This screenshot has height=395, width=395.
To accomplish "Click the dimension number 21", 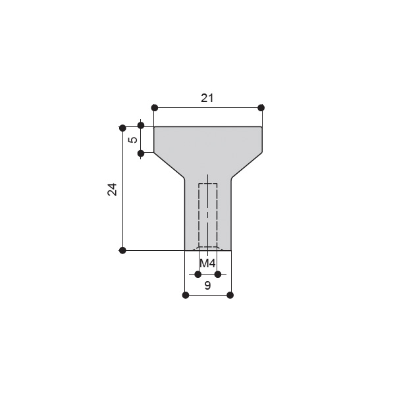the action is [207, 98].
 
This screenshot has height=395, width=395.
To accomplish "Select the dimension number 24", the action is [113, 190].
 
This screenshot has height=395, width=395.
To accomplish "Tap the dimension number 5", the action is [133, 140].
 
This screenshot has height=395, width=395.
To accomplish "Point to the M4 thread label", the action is [207, 263].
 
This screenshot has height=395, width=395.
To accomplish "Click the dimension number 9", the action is [207, 286].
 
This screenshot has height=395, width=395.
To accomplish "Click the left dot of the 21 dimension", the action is [155, 108].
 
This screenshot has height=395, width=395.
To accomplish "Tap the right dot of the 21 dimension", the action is [261, 108].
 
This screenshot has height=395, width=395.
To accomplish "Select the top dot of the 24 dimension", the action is [122, 128].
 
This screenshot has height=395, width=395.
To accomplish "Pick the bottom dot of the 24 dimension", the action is [122, 250].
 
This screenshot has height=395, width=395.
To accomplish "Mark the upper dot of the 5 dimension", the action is [141, 125].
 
